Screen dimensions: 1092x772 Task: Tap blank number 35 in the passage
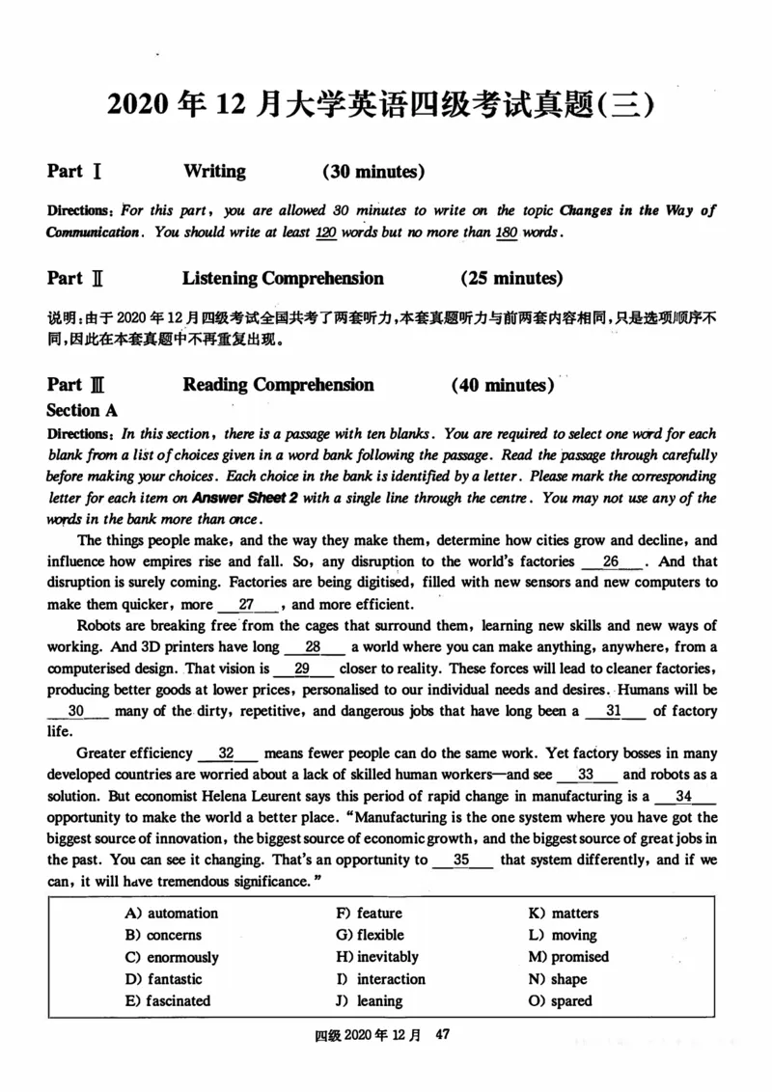(x=461, y=859)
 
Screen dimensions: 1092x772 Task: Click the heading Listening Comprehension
(x=283, y=279)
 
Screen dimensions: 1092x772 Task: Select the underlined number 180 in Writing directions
(x=505, y=232)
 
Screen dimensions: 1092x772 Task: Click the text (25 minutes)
(x=511, y=279)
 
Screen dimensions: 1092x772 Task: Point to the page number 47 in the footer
(x=444, y=1034)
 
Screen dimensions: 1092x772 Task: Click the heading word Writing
(x=214, y=172)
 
